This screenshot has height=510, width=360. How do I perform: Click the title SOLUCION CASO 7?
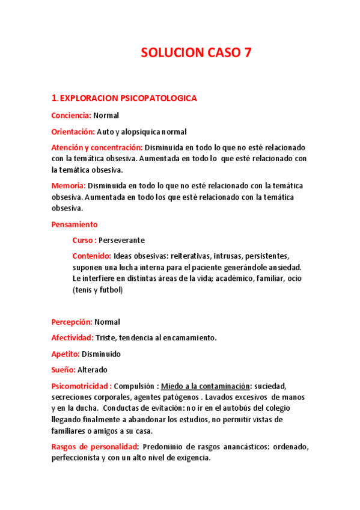196,53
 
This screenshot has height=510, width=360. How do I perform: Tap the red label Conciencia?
71,115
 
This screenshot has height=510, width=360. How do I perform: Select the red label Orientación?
73,131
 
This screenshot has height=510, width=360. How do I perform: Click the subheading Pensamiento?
75,224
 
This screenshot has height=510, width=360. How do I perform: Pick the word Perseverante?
121,240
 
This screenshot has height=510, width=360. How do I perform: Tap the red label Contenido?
91,256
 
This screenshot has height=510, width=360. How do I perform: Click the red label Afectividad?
73,338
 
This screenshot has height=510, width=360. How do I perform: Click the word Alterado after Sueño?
93,370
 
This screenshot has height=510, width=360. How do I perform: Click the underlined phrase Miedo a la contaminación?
205,386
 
